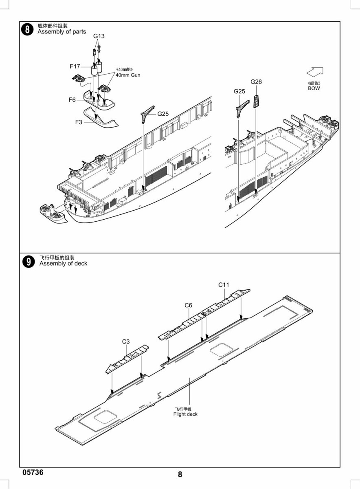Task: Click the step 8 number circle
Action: pos(27,29)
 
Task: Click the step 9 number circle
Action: pos(29,262)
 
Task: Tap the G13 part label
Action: pos(99,36)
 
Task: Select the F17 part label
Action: pos(75,66)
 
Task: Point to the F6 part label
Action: pos(72,100)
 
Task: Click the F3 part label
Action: pos(79,122)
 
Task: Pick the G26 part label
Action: pos(256,82)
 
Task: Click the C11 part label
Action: pos(224,285)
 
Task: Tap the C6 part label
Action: pos(188,305)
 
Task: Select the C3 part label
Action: pos(126,341)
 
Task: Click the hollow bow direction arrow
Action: pos(315,71)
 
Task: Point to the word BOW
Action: pos(314,88)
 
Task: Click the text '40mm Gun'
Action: pos(128,75)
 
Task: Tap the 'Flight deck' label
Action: pos(185,414)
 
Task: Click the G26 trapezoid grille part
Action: pos(256,101)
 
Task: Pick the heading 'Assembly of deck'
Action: pos(63,264)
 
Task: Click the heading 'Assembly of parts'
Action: pos(62,32)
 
